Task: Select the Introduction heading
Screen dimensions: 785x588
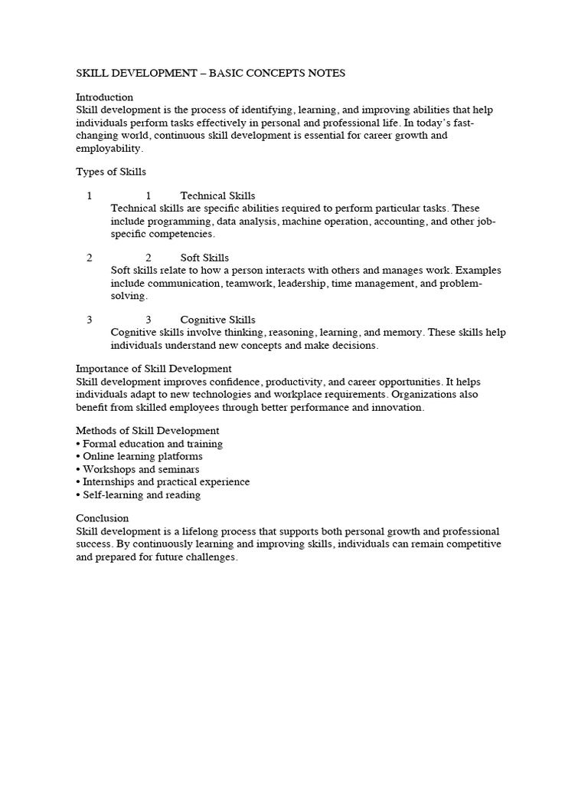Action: (x=104, y=97)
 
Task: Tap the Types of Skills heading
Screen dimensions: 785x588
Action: (x=111, y=172)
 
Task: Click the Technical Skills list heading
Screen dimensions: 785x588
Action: (x=217, y=196)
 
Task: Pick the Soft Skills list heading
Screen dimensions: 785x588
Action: (x=204, y=258)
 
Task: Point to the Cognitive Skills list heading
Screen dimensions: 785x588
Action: (x=217, y=320)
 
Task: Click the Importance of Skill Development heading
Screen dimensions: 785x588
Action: (x=153, y=369)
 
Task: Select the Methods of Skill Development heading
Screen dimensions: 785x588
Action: (x=147, y=431)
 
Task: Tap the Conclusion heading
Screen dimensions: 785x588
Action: (x=102, y=518)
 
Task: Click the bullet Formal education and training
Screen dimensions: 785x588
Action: (x=152, y=444)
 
